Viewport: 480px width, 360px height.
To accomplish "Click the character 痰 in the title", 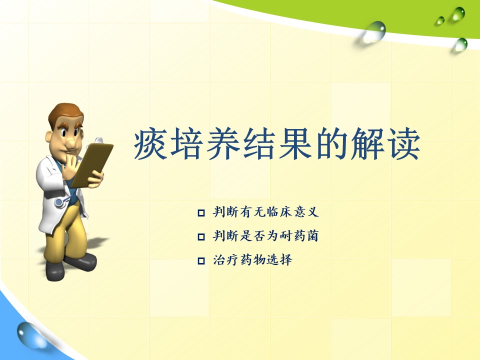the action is click(150, 144).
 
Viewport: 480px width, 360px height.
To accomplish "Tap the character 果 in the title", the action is click(295, 144).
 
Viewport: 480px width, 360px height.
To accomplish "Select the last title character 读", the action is click(404, 144).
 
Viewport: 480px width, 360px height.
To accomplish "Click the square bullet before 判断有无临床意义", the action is click(201, 213).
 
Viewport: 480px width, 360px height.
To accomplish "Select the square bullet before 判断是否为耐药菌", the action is click(201, 236).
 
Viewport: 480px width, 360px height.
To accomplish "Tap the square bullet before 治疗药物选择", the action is click(201, 261).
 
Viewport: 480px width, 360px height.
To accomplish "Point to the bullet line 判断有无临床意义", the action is click(265, 212).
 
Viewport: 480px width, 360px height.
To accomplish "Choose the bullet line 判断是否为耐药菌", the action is click(265, 236).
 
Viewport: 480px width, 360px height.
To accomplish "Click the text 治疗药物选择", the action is click(252, 260).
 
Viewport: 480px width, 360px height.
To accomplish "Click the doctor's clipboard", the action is click(92, 164).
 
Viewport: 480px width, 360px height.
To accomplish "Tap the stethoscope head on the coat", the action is click(59, 202).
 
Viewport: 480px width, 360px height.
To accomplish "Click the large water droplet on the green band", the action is click(374, 31).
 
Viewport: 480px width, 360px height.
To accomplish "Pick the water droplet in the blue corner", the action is click(29, 334).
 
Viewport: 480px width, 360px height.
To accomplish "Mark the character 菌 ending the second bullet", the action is click(312, 236).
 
